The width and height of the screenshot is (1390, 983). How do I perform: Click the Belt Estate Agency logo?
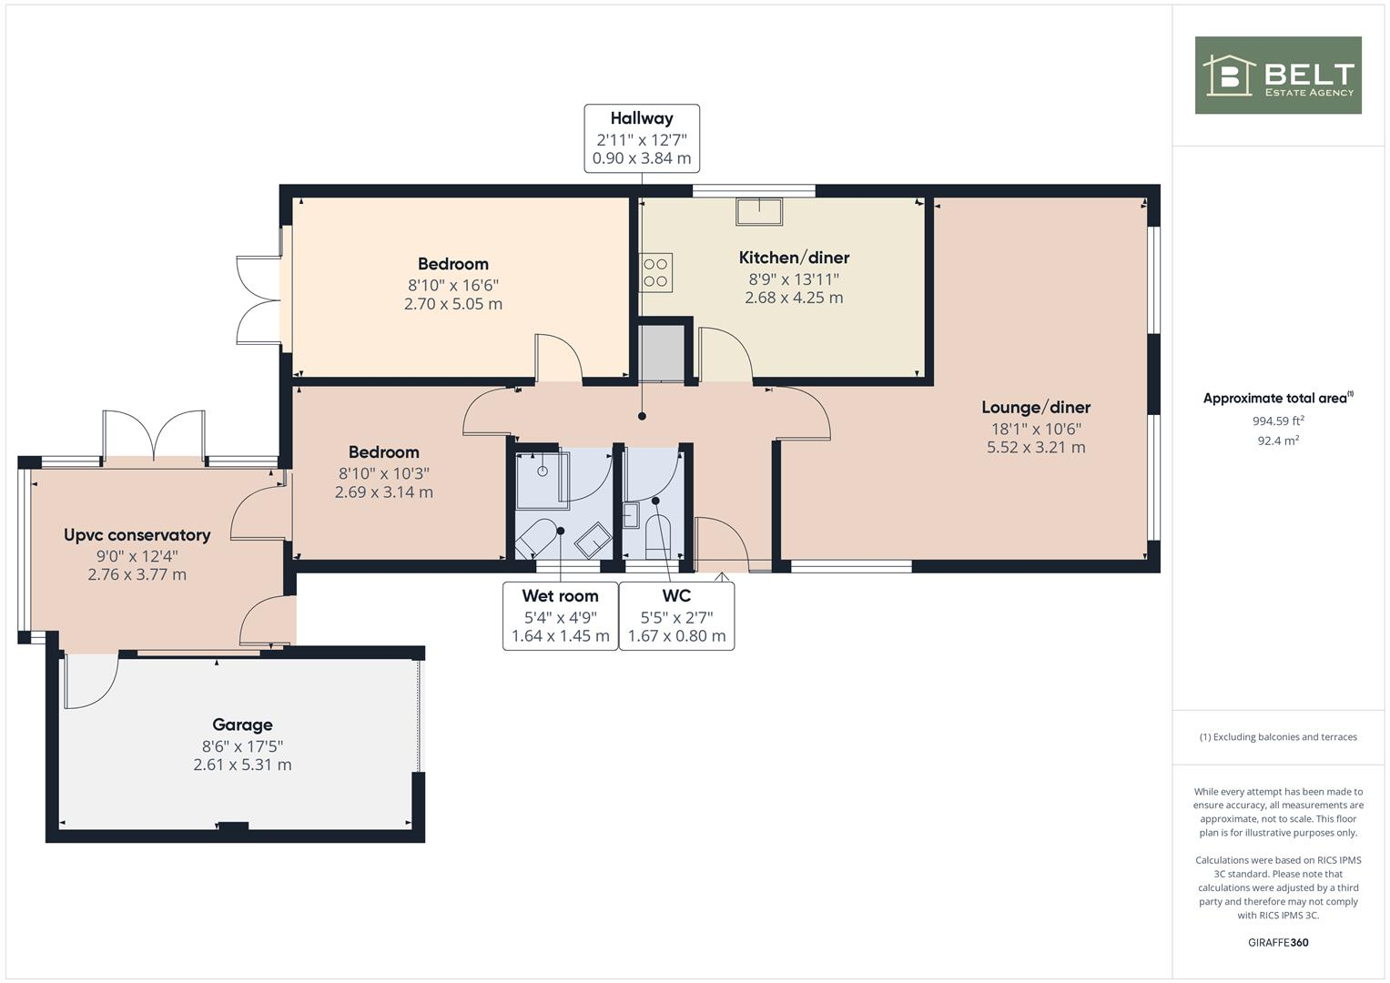1277,76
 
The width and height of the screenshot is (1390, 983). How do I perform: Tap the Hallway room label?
641,118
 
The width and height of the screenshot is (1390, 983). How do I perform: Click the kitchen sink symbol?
758,210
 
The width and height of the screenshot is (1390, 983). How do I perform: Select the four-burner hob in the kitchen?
655,272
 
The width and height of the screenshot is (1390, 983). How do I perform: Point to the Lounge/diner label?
1035,408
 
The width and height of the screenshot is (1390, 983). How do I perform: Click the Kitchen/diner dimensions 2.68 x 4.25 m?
793,298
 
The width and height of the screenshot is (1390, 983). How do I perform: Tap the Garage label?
242,725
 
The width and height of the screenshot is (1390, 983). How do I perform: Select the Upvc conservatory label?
137,535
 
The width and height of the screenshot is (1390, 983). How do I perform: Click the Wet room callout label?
560,596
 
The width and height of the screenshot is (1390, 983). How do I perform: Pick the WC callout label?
676,596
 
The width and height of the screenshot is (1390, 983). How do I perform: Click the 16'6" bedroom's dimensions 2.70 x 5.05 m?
452,304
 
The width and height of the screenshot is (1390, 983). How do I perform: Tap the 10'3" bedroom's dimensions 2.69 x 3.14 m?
383,492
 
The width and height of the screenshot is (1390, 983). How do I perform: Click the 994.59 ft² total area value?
1277,421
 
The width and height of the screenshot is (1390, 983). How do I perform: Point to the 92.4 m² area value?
1277,441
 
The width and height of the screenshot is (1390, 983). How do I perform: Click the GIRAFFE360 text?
1277,942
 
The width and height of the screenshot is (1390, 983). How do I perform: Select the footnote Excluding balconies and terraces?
1277,737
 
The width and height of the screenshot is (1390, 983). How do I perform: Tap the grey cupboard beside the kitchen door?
661,352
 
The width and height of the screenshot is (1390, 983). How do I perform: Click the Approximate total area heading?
1277,398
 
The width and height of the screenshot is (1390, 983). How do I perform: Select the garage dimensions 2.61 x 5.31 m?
242,765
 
